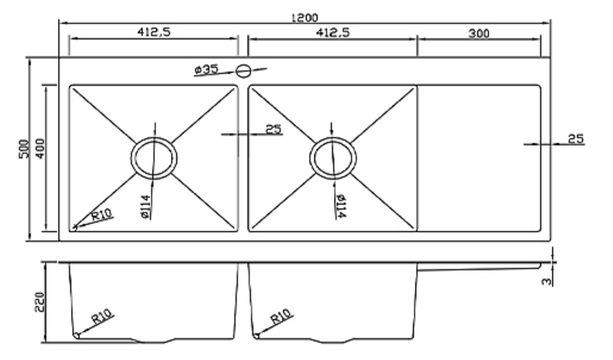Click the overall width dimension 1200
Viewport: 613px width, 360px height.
(x=305, y=17)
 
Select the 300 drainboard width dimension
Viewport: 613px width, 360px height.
(x=479, y=33)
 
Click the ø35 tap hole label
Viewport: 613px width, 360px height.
(x=206, y=70)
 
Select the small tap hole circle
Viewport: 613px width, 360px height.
(x=244, y=71)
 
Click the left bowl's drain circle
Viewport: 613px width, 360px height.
(x=154, y=158)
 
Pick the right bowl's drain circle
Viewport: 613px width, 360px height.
(x=333, y=158)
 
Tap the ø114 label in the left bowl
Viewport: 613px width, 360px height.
(x=146, y=207)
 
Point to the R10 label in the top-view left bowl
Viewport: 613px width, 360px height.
(x=101, y=216)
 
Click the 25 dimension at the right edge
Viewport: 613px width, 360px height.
(x=575, y=139)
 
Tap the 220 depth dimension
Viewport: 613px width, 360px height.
(x=39, y=302)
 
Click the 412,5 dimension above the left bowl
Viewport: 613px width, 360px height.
(x=153, y=32)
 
